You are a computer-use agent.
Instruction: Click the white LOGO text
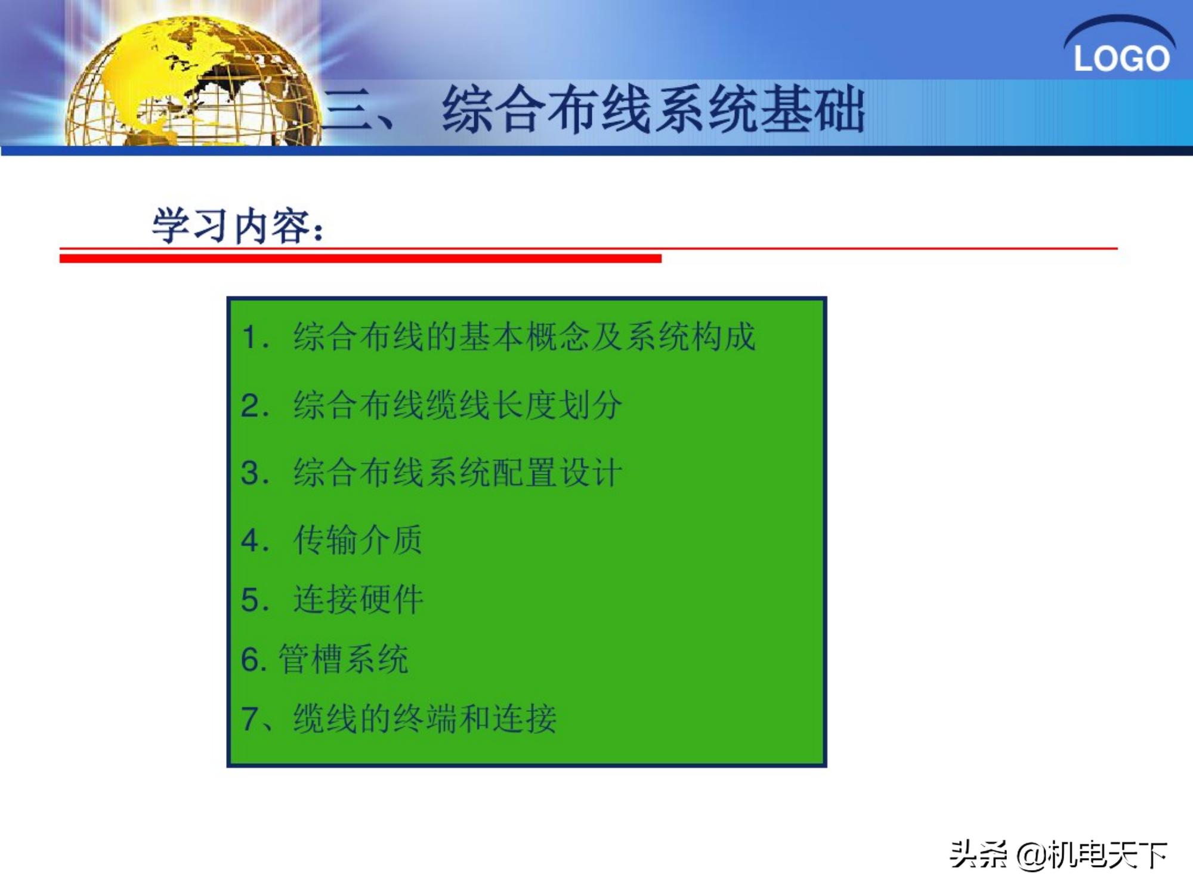tap(1121, 58)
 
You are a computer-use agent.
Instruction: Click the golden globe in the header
tap(191, 84)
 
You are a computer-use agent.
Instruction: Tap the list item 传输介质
tap(358, 540)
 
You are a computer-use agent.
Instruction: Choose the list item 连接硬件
tap(358, 600)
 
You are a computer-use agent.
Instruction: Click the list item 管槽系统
tap(344, 659)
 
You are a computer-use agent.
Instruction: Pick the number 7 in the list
tap(249, 718)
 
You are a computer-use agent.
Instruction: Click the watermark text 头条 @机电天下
tap(1058, 855)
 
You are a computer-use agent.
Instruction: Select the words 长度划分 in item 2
tap(558, 405)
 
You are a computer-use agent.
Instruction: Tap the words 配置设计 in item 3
tap(558, 473)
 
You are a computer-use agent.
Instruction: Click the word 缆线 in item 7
tap(325, 718)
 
